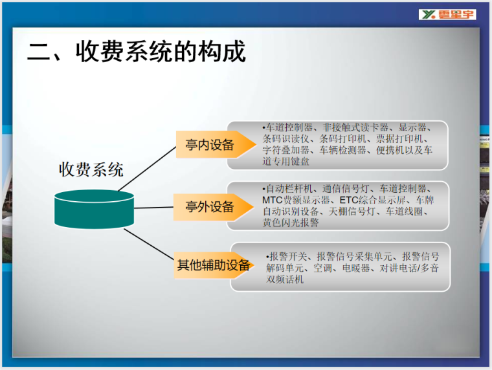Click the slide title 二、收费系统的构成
pos(137,52)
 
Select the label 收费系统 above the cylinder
pos(91,170)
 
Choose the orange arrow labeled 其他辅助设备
pos(214,265)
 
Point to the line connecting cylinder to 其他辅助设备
pos(149,245)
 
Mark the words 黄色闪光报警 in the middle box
pos(290,223)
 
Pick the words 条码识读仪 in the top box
pos(286,138)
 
